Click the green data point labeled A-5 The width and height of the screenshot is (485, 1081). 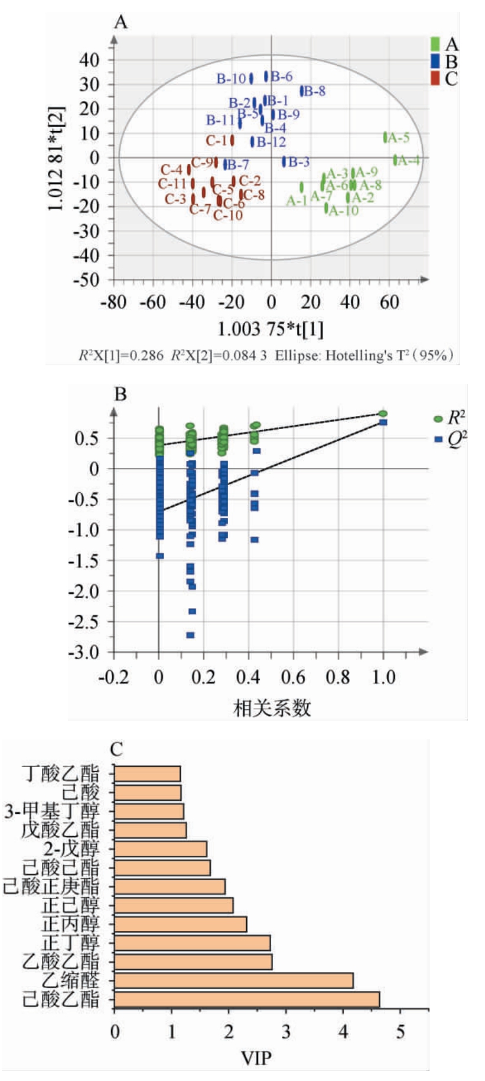click(386, 137)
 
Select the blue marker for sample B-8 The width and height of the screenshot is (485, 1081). click(302, 91)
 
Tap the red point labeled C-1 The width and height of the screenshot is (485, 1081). click(232, 141)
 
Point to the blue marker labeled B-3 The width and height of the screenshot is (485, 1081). click(284, 161)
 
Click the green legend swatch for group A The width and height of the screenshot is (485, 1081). click(435, 44)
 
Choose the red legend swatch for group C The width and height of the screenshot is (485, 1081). click(435, 78)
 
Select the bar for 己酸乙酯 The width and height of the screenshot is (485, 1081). click(247, 999)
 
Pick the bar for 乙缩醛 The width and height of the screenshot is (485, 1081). click(233, 981)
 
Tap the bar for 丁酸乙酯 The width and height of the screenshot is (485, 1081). click(147, 774)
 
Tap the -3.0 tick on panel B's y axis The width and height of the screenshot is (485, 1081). click(84, 652)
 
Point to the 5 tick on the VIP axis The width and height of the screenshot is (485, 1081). click(401, 1031)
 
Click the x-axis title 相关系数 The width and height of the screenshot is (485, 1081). click(272, 707)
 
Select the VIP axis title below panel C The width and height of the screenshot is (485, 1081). click(257, 1057)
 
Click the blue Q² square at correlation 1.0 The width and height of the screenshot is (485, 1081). click(383, 422)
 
